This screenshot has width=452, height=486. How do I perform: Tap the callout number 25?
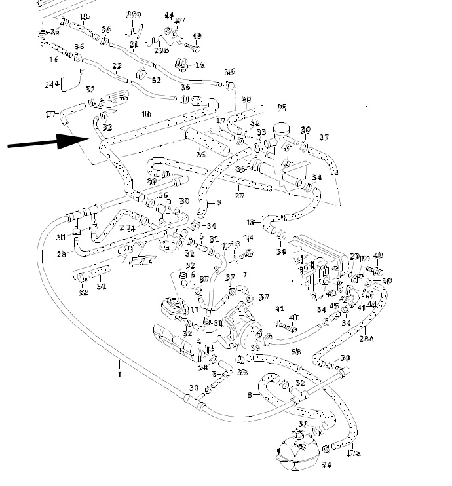[x=282, y=107]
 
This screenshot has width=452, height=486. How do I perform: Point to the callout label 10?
[x=145, y=115]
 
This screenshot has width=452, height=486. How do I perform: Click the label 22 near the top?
[x=117, y=66]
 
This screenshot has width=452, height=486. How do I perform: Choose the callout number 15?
[x=85, y=16]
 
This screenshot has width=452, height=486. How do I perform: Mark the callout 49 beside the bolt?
[x=197, y=36]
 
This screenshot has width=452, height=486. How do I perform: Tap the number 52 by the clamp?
[x=156, y=80]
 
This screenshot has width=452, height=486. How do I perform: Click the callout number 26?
[x=200, y=155]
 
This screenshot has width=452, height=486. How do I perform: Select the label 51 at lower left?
[x=102, y=286]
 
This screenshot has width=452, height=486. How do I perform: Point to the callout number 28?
[x=61, y=254]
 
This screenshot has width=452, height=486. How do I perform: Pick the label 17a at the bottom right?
[x=352, y=453]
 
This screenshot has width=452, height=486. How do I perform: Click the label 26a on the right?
[x=367, y=338]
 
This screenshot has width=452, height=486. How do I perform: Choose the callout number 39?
[x=255, y=349]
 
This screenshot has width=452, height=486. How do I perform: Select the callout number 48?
[x=378, y=255]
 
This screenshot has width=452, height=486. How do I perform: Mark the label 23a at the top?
[x=134, y=14]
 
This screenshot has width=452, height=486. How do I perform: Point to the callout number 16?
[x=54, y=60]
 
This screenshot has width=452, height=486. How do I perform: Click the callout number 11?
[x=195, y=309]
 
